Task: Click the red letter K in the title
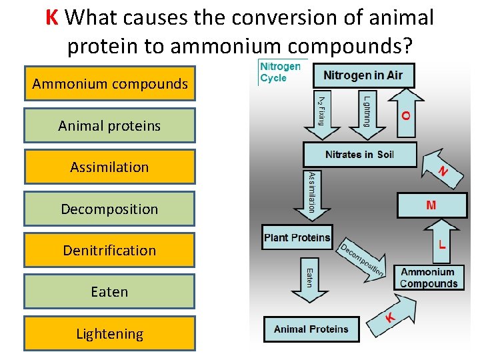pos(53,17)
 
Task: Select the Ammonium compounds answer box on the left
pos(110,84)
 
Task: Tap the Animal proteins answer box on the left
pos(110,125)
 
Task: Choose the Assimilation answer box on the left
pos(110,167)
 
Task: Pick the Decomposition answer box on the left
pos(110,209)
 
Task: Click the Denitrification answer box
pos(110,250)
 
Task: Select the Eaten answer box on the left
pos(110,291)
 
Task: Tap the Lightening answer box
pos(110,333)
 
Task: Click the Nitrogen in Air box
pos(363,75)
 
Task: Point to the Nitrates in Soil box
pos(359,155)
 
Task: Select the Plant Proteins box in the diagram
pos(297,238)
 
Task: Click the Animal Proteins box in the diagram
pos(311,329)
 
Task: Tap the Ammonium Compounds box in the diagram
pos(429,278)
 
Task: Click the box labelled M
pos(431,205)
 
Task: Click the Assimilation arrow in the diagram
pos(311,193)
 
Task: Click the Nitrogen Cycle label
pos(279,72)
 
